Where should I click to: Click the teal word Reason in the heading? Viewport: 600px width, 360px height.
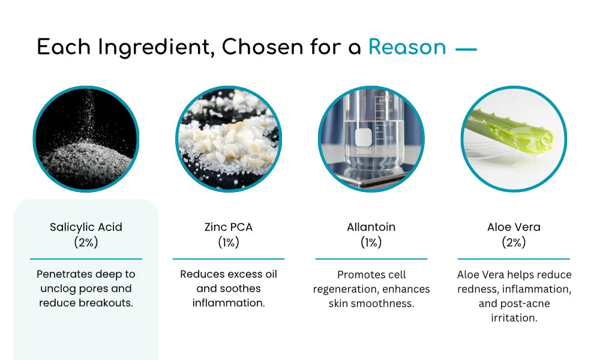[x=407, y=47]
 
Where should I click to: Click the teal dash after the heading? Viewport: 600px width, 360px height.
[x=466, y=49]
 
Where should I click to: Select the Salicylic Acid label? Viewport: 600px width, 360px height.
[x=86, y=227]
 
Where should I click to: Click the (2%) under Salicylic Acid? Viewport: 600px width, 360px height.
[x=86, y=242]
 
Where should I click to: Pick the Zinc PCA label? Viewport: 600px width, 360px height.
[x=229, y=227]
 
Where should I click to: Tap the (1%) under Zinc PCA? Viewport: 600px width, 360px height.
[x=229, y=242]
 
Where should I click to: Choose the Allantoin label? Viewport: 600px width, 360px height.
[x=371, y=227]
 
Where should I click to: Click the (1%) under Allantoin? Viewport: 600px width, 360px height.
[x=371, y=242]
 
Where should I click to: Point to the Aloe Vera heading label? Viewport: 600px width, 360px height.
[x=514, y=227]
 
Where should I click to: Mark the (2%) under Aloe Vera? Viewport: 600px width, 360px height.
[x=514, y=242]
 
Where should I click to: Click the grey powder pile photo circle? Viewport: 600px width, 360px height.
[x=86, y=139]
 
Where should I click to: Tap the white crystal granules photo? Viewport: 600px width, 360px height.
[x=229, y=139]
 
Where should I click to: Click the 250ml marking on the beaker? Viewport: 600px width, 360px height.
[x=364, y=151]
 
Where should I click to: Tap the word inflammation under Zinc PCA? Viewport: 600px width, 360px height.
[x=229, y=303]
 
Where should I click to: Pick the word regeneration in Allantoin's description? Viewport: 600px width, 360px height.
[x=345, y=290]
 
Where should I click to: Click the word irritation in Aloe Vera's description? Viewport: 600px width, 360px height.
[x=514, y=318]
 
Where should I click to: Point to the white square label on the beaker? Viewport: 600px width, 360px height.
[x=363, y=137]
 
